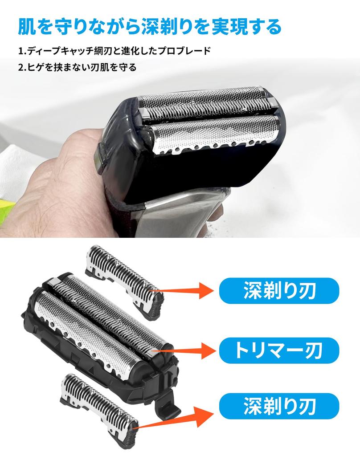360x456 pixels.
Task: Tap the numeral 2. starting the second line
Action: (22, 68)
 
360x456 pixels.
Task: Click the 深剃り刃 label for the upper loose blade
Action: (280, 291)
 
